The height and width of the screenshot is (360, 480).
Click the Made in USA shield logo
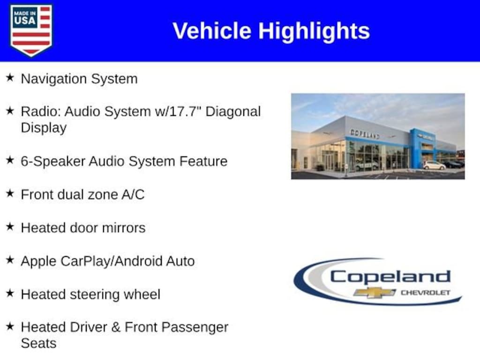(31, 30)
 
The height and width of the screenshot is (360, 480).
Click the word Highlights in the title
(314, 31)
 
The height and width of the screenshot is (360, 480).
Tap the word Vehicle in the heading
(212, 31)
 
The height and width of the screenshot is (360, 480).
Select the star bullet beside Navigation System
(10, 77)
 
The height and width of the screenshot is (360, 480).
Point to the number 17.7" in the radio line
(185, 112)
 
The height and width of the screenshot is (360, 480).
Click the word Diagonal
(233, 112)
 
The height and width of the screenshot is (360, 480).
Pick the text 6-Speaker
(53, 162)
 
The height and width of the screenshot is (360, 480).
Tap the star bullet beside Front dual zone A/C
(10, 193)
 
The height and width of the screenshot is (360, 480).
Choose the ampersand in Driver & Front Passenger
(116, 328)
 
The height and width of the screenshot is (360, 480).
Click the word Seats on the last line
(38, 344)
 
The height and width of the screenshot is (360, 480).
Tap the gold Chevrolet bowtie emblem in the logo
(375, 292)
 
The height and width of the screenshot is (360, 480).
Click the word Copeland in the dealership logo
(390, 277)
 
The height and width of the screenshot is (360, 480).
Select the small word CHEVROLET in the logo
(426, 293)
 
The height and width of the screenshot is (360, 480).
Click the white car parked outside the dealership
(435, 165)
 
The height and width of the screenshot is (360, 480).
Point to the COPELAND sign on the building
(365, 134)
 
